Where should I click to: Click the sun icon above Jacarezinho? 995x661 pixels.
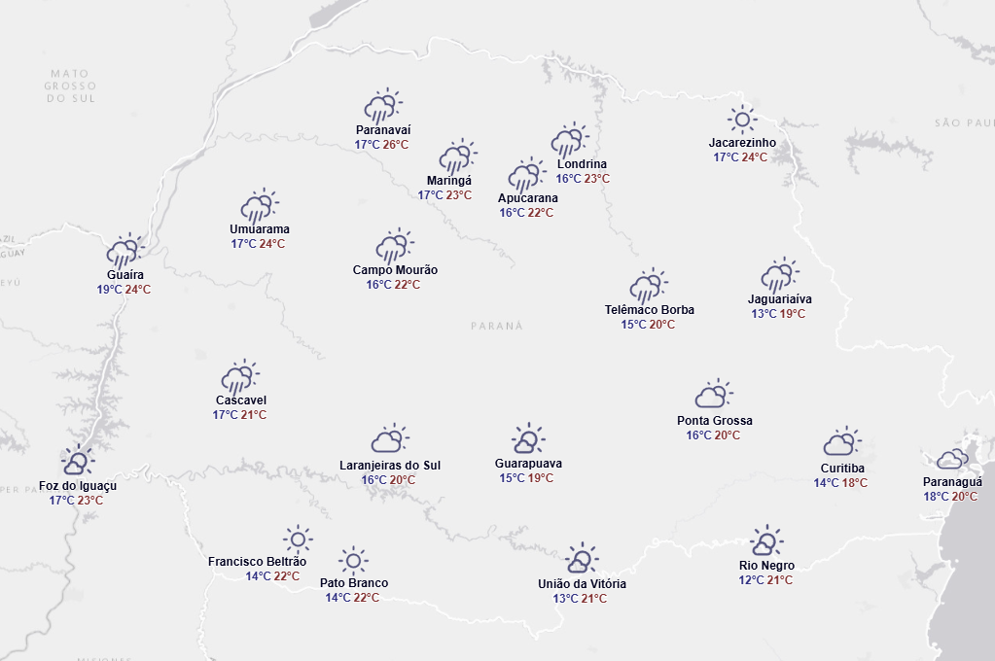pos(742,120)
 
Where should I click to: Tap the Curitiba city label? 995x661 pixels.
pos(841,469)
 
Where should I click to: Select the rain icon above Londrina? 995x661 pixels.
pos(569,140)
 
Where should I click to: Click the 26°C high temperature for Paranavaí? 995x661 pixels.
pos(395,145)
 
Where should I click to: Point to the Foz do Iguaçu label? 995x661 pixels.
pos(78,486)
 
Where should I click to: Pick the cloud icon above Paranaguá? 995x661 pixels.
pos(952,460)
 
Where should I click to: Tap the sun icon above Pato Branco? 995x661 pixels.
pos(353,561)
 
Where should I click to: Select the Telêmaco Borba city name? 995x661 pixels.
pos(649,310)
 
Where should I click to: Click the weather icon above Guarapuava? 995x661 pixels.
pos(527,440)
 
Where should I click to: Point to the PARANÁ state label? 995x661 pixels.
pos(496,327)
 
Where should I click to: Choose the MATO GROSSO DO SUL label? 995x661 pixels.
pos(69,86)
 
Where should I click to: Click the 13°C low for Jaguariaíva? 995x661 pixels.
pos(764,314)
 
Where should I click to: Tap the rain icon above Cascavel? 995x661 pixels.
pos(239,377)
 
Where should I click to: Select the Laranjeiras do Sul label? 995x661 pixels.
pos(389,466)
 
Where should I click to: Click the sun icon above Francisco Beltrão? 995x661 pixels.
pos(297,539)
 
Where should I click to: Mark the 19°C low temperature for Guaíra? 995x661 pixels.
pos(109,290)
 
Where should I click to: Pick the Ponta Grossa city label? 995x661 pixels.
pos(714,421)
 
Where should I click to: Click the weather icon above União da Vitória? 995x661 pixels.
pos(581,560)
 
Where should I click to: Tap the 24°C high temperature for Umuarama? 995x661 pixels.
pos(271,244)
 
